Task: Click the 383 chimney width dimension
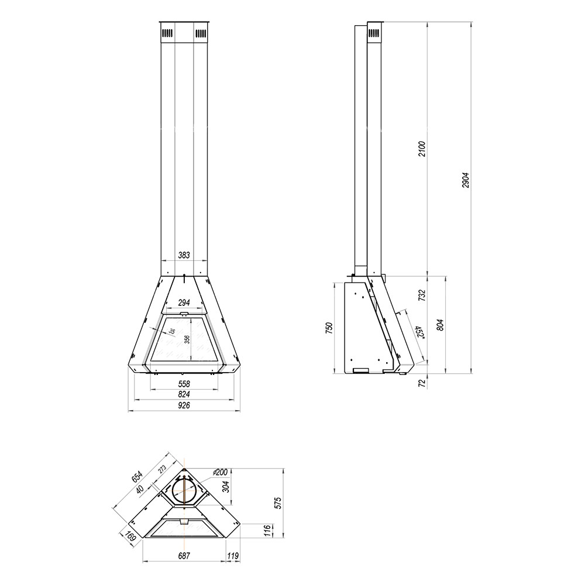(184, 255)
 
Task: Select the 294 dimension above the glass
(184, 303)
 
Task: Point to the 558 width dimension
(184, 384)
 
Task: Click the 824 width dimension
(184, 395)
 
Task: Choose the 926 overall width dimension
(184, 405)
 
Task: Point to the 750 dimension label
(329, 329)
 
